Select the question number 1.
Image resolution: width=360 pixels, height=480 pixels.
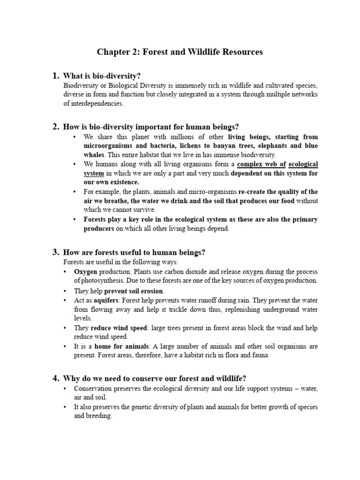55,76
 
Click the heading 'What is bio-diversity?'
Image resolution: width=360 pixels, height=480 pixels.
102,76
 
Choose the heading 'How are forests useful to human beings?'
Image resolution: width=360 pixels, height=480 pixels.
134,252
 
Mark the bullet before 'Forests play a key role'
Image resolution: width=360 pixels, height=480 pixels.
75,219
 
